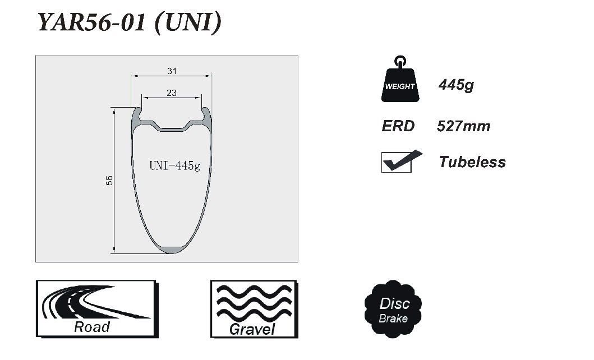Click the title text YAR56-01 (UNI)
point(130,22)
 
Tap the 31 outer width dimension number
point(172,71)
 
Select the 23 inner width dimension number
point(172,93)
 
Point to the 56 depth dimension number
point(109,180)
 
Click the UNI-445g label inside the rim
point(174,165)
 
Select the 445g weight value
point(456,85)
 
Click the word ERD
point(398,126)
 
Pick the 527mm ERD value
point(463,126)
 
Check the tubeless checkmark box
point(397,163)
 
